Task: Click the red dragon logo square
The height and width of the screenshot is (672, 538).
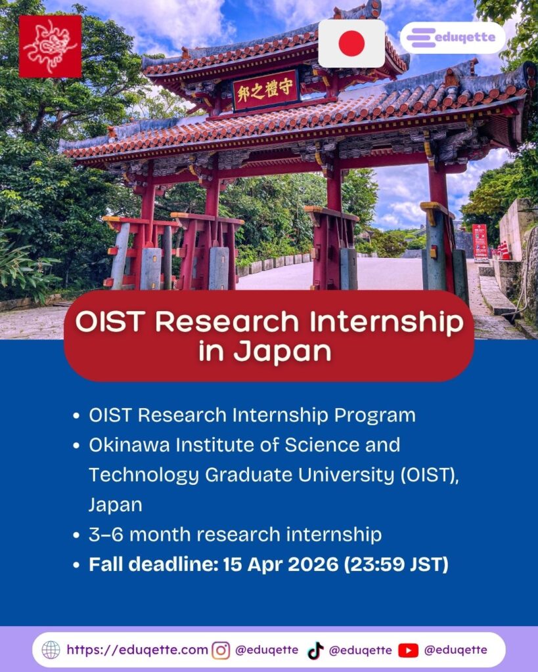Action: click(x=51, y=47)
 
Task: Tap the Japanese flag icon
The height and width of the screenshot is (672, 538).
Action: click(x=351, y=43)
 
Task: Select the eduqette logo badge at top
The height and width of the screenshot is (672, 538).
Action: click(x=453, y=37)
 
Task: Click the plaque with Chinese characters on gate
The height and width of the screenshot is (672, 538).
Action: click(x=265, y=90)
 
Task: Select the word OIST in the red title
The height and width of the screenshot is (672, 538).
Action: click(x=108, y=322)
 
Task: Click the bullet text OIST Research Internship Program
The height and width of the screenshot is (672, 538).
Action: click(x=252, y=415)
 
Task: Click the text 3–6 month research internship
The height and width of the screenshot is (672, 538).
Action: click(x=235, y=534)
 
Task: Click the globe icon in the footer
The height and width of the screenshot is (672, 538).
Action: click(x=51, y=650)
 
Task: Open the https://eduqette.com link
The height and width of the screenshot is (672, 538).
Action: click(x=137, y=650)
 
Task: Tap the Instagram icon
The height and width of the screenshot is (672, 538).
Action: click(x=221, y=650)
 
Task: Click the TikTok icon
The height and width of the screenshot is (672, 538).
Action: click(x=315, y=650)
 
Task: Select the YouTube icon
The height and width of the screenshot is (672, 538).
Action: click(x=408, y=650)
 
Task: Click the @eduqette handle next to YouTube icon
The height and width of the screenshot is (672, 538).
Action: click(x=456, y=650)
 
